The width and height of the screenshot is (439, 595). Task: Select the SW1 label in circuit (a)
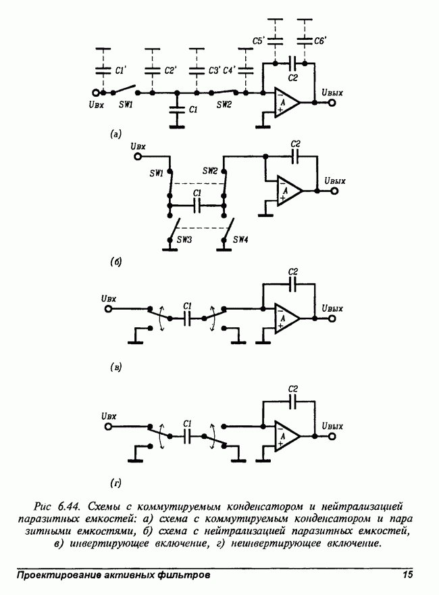pyautogui.click(x=126, y=104)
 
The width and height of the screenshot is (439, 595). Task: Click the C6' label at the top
pyautogui.click(x=320, y=42)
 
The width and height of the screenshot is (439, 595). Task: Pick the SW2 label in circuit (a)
pyautogui.click(x=224, y=104)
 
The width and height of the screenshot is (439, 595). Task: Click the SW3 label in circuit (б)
pyautogui.click(x=184, y=238)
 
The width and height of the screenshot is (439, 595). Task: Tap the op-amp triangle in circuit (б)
pyautogui.click(x=288, y=191)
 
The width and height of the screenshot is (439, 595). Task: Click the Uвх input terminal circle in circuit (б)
pyautogui.click(x=138, y=156)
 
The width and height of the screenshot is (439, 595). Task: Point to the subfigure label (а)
pyautogui.click(x=115, y=135)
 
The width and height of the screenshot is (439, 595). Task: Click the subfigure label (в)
pyautogui.click(x=115, y=367)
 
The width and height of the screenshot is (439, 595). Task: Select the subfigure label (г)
pyautogui.click(x=115, y=482)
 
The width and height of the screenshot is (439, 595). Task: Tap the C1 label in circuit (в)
pyautogui.click(x=188, y=304)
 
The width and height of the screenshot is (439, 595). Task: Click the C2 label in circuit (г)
pyautogui.click(x=292, y=389)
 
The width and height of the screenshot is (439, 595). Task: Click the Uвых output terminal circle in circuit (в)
pyautogui.click(x=331, y=318)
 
